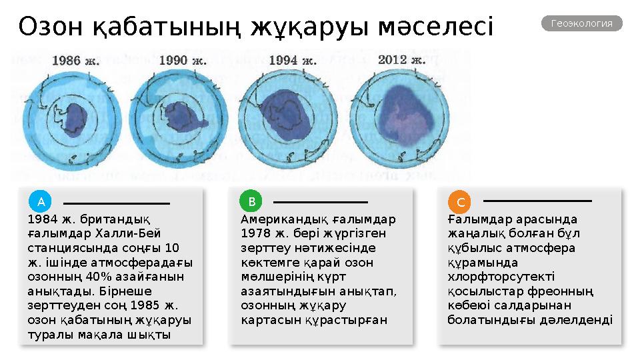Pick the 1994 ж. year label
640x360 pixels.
[292, 60]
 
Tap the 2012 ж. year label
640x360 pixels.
[401, 59]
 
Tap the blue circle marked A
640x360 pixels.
[41, 201]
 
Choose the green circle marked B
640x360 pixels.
[251, 201]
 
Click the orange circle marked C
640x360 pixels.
[460, 201]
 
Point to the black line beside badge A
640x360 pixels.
[117, 203]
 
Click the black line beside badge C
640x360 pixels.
[537, 201]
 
